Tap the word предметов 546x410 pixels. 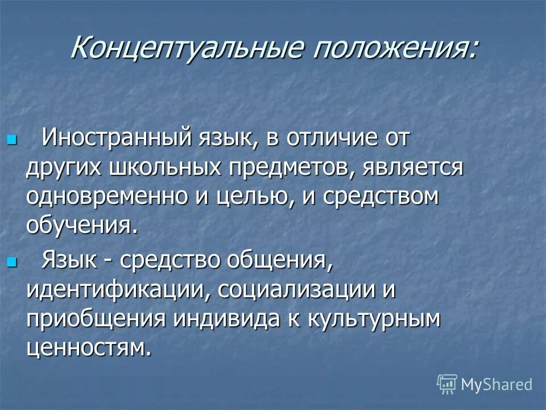coord(282,168)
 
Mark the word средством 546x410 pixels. coord(378,197)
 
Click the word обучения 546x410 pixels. coord(81,226)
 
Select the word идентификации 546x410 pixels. coord(111,291)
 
